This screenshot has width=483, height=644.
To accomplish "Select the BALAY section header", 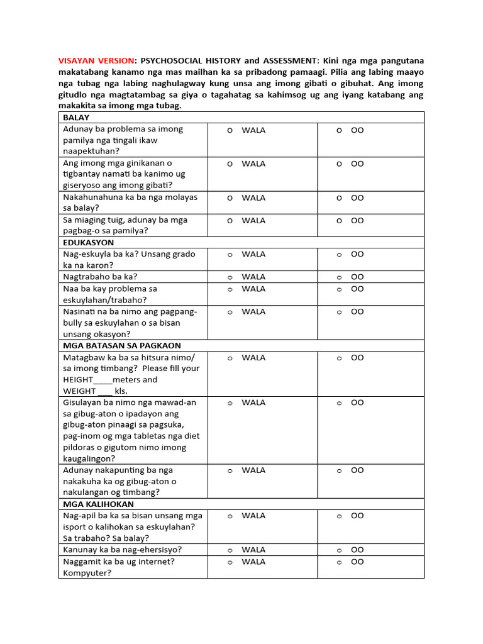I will coord(76,118).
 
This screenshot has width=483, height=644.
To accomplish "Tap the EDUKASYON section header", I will coord(89,242).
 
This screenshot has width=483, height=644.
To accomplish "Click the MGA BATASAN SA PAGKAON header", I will coord(122,345).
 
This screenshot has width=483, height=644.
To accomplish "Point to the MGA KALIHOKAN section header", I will coord(98,504).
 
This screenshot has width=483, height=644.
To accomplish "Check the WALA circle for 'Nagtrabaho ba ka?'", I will coord(230,277).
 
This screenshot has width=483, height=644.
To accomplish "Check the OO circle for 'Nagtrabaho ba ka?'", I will coord(339,277).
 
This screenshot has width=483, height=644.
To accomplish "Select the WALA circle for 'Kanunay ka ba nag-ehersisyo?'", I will coord(230,550).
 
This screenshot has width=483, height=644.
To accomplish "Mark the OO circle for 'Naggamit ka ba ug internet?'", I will coord(339,562).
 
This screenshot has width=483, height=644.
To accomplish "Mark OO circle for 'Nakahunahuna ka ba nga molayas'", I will coord(339,198).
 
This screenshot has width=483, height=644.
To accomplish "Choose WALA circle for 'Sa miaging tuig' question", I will coord(230,221).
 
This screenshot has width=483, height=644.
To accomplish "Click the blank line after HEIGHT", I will coord(102,380).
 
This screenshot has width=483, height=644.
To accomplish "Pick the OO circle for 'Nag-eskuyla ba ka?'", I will coord(339,255).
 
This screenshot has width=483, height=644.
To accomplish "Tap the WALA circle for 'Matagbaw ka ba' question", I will coord(230,358).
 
